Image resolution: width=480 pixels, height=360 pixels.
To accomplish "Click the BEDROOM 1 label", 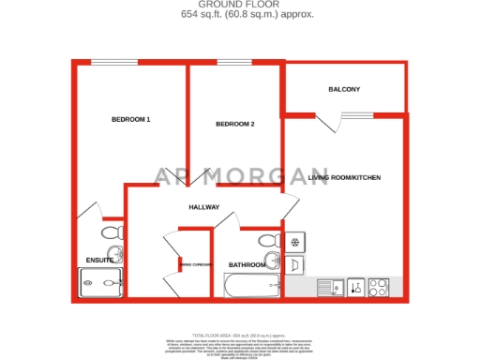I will click(131, 119).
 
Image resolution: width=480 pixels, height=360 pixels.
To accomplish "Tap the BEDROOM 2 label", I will click(235, 124).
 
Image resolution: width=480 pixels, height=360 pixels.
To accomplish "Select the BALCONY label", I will click(344, 89).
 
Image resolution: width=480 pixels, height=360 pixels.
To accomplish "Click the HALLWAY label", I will click(203, 207).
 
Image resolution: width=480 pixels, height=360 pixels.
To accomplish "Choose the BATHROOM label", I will click(245, 265).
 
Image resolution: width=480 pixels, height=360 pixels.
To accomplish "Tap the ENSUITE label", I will click(99, 260).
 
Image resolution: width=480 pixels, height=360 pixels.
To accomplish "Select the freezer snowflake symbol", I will click(294, 243).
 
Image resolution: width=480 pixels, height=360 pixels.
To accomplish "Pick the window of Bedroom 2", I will click(228, 63).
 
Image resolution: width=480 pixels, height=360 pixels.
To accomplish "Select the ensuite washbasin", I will click(114, 253).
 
